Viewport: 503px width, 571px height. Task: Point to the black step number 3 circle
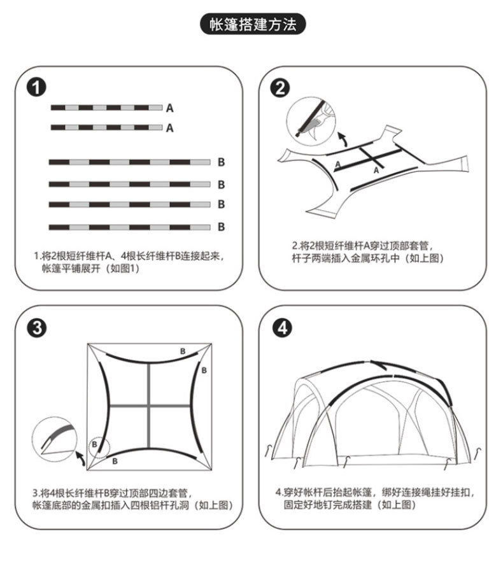39,328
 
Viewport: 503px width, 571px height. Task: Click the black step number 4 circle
281,328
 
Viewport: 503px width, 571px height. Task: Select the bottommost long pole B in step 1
129,227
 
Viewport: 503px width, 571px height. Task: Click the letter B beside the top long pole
221,162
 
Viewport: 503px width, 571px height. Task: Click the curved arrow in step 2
343,138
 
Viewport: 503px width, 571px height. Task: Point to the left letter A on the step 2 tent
337,164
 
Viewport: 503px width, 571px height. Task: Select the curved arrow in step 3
81,457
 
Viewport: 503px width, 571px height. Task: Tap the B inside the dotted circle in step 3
94,444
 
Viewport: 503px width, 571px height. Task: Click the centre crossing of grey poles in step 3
148,405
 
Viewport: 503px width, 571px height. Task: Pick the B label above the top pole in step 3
182,351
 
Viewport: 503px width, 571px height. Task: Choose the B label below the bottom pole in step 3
115,460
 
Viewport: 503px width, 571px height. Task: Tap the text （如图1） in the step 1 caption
122,269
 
